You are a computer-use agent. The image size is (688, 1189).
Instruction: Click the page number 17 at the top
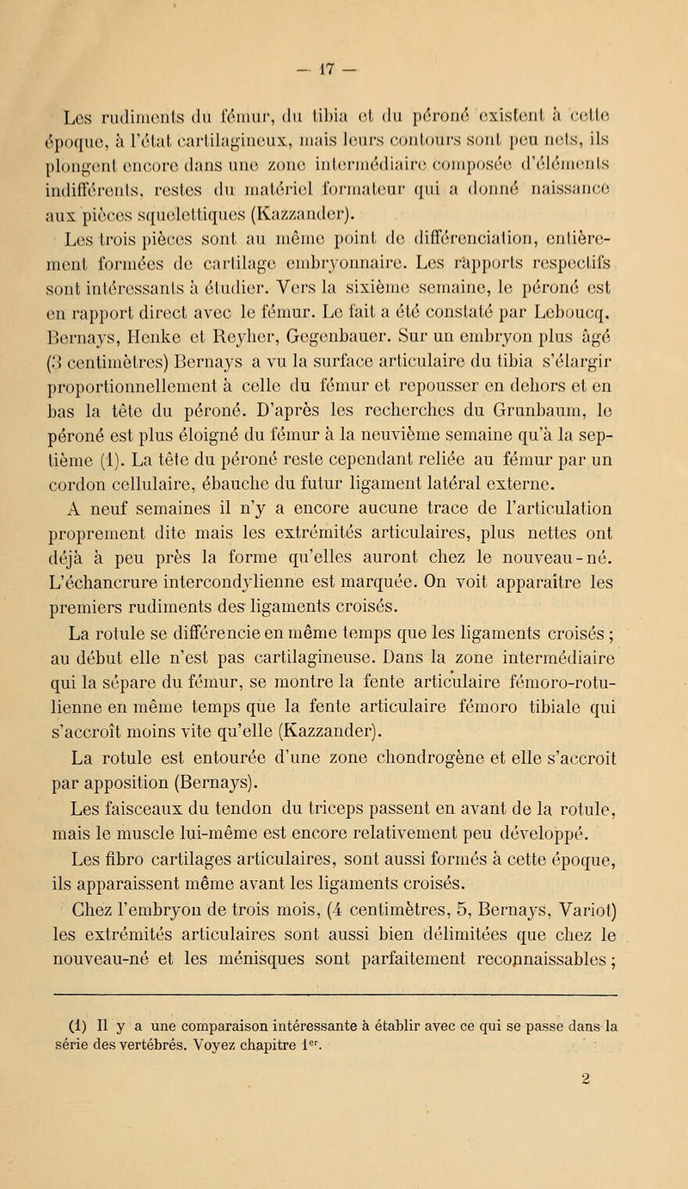(347, 17)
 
